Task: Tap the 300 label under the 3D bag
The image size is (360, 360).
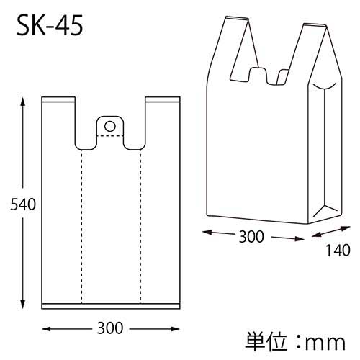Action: pyautogui.click(x=251, y=235)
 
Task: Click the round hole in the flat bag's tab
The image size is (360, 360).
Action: pyautogui.click(x=110, y=126)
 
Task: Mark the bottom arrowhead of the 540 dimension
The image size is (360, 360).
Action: pyautogui.click(x=24, y=305)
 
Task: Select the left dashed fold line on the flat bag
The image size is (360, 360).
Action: pyautogui.click(x=81, y=223)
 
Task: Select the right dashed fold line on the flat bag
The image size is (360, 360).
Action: pyautogui.click(x=140, y=223)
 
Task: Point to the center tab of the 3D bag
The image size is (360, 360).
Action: pyautogui.click(x=256, y=74)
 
